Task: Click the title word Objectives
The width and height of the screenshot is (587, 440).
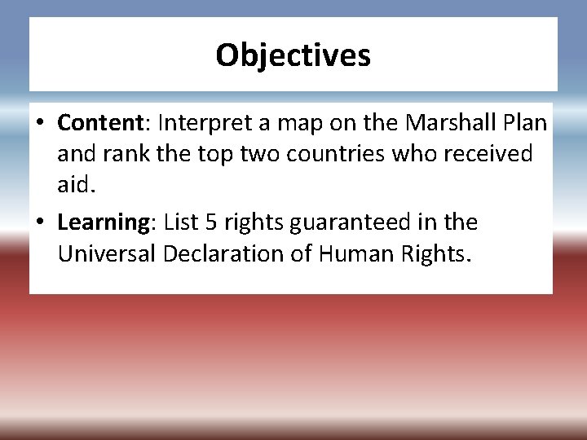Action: (x=293, y=55)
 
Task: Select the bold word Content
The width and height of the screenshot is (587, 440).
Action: (x=100, y=123)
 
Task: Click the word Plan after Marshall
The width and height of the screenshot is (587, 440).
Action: (x=525, y=123)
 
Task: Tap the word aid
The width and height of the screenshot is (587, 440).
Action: (x=75, y=185)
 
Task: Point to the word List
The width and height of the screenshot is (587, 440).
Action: (x=183, y=222)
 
